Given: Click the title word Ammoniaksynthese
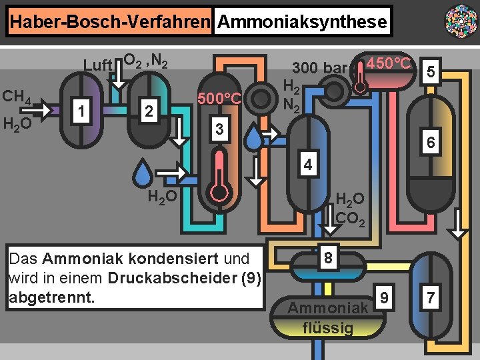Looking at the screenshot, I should coord(302,22).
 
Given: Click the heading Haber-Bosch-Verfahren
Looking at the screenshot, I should coord(110,22).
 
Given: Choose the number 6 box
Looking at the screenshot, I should coord(431,143).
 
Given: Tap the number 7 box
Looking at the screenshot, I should coord(431,298).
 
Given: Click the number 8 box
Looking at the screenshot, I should coord(327,257).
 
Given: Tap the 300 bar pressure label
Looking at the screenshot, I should coord(319,67).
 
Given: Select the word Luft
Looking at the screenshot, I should coord(97,65).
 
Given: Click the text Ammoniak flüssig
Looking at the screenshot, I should coord(328,317).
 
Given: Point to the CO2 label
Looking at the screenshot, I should coord(350,218).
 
